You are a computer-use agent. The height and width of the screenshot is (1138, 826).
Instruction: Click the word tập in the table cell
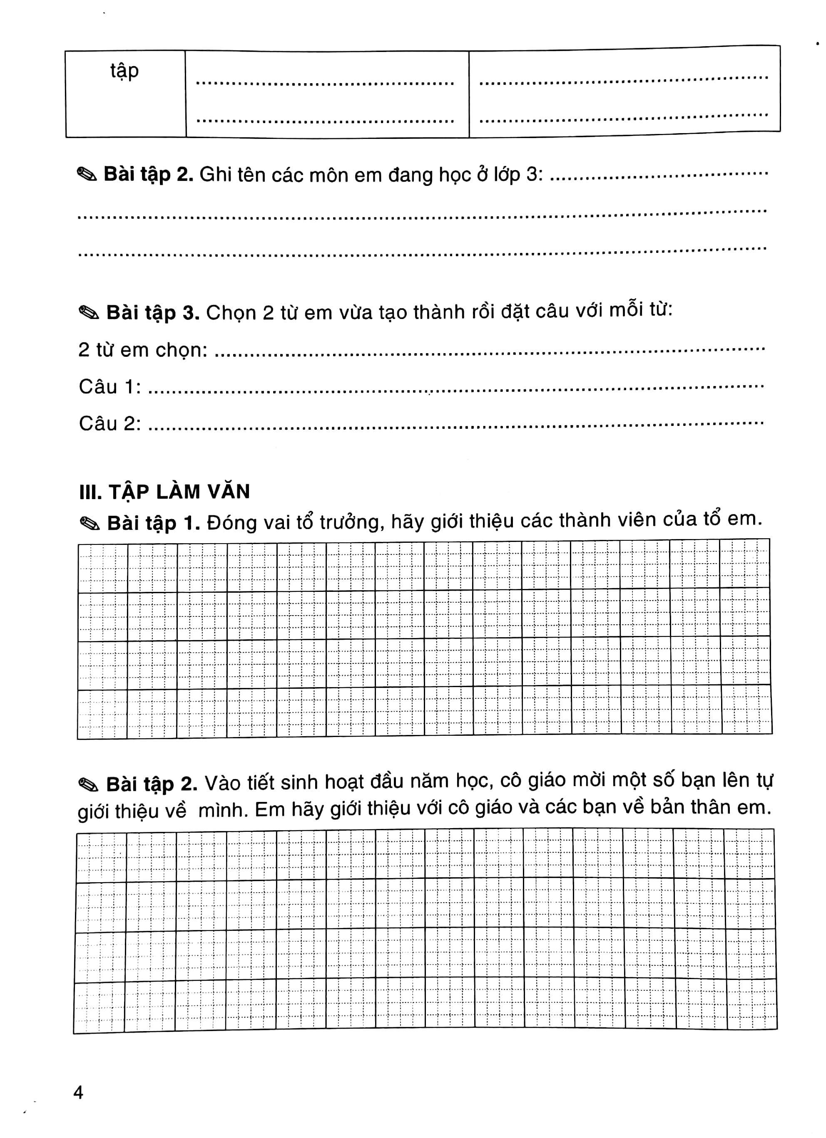tap(124, 71)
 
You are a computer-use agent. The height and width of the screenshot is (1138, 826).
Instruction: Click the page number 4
tap(78, 1092)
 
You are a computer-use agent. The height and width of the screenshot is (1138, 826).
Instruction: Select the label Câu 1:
tap(109, 387)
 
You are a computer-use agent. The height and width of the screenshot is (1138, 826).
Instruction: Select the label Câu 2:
tap(109, 424)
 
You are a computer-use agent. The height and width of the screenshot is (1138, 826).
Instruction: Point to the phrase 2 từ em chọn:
tap(143, 350)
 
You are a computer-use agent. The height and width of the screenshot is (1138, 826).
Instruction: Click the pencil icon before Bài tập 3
tap(90, 313)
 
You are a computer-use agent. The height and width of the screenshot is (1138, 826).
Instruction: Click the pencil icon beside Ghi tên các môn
tap(87, 175)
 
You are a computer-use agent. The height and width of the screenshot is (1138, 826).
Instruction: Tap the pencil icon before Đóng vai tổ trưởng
tap(90, 524)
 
